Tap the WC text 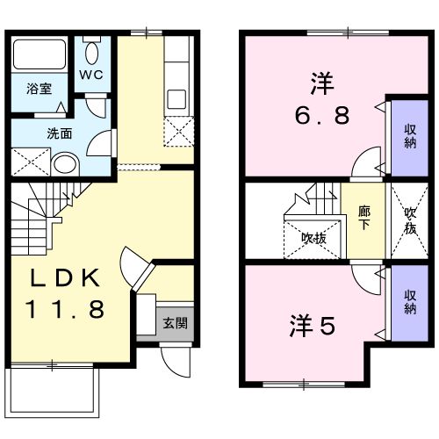tap(93, 76)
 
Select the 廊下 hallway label tap(363, 218)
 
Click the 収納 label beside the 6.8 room tap(409, 136)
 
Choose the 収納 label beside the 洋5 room tap(409, 302)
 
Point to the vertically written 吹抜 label tap(409, 219)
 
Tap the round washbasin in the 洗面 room tap(63, 163)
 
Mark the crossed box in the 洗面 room tap(29, 162)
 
